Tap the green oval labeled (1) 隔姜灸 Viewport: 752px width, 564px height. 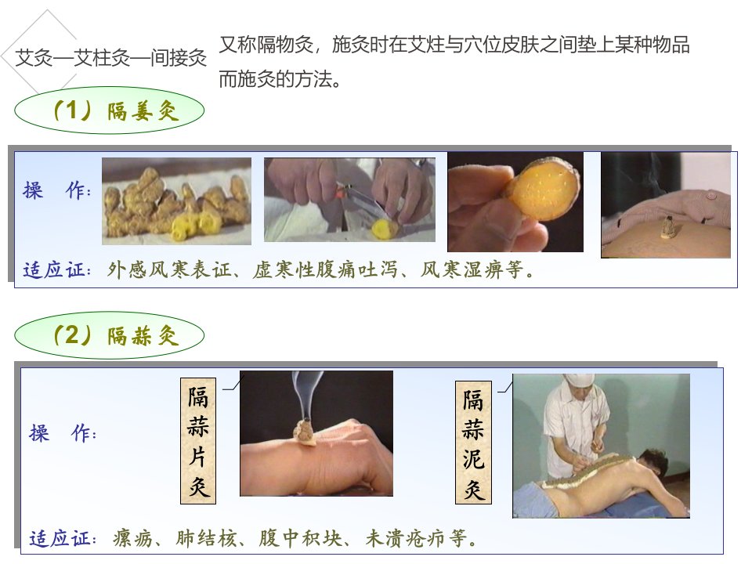(110, 110)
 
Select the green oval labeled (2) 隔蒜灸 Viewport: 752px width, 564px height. (110, 335)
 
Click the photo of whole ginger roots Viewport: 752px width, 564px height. (176, 201)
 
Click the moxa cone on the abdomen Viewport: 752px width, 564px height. (667, 227)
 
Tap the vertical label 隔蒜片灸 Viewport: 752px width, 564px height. (198, 441)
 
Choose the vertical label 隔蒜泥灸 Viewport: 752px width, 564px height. (473, 443)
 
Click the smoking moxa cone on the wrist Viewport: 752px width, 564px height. (304, 432)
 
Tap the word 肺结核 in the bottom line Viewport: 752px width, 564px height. (206, 539)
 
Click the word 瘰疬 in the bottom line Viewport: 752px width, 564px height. (133, 539)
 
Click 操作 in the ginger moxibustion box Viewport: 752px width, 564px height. (56, 190)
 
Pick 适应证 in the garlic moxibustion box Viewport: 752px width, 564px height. (63, 539)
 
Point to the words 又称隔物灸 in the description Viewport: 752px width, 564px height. (266, 45)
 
